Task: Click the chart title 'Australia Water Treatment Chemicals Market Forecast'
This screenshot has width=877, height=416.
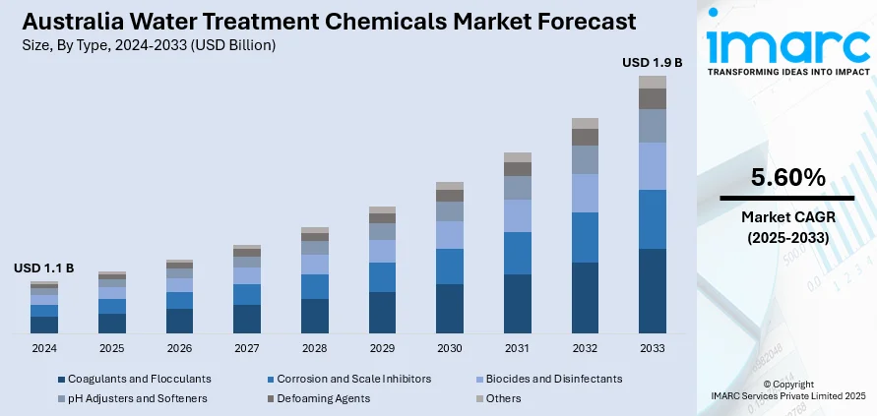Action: tap(325, 22)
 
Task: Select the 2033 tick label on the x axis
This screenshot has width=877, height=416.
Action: tap(652, 348)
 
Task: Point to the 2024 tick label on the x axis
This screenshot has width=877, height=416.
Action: tap(44, 348)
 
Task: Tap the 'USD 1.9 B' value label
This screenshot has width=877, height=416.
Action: tap(652, 62)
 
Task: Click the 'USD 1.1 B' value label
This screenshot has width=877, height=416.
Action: tap(44, 267)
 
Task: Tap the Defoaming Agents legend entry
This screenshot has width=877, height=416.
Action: tap(324, 398)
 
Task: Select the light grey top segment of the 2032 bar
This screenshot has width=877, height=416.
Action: tap(585, 123)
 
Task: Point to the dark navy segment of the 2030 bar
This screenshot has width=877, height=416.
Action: tap(450, 308)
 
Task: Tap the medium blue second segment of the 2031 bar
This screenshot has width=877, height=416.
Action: tap(517, 253)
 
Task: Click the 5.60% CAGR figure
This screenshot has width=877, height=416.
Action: tap(787, 178)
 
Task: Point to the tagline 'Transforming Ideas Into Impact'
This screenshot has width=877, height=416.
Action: tap(787, 72)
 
